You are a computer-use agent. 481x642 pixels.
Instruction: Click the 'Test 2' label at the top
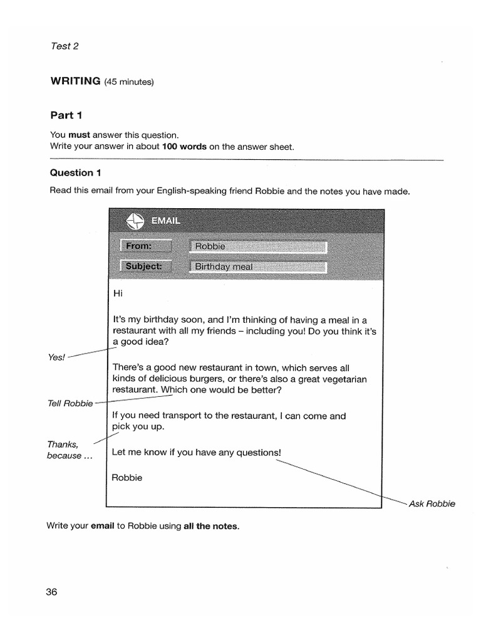[x=64, y=46]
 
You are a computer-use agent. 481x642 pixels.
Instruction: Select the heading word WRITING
[x=75, y=81]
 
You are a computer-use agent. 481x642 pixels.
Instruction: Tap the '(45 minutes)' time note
[x=128, y=82]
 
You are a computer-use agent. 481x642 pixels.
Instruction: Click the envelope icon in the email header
[x=135, y=221]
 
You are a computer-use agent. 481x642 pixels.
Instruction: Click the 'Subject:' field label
[x=145, y=266]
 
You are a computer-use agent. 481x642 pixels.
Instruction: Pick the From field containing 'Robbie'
[x=257, y=246]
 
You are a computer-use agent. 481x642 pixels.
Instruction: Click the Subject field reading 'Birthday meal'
[x=257, y=266]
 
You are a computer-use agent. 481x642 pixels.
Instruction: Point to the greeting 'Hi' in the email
[x=117, y=293]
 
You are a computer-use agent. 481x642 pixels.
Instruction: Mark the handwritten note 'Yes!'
[x=56, y=357]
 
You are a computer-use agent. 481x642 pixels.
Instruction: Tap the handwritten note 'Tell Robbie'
[x=70, y=403]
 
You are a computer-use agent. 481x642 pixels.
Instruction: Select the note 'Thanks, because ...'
[x=69, y=450]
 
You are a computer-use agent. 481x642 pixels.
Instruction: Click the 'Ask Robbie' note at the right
[x=432, y=503]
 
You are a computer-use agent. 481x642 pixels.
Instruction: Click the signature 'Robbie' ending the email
[x=127, y=478]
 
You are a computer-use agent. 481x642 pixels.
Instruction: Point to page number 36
[x=51, y=592]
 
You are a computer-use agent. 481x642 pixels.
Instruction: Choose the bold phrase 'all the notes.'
[x=211, y=526]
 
